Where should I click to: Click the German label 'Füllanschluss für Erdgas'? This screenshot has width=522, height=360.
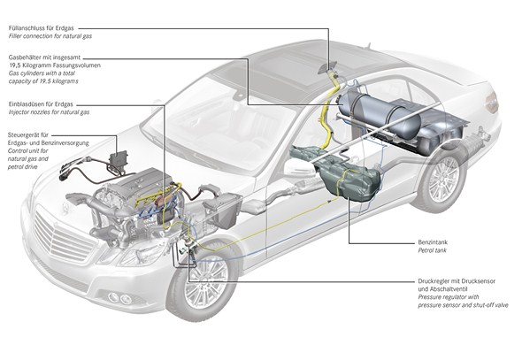click(x=42, y=28)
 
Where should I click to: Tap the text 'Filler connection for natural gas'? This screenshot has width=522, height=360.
click(x=50, y=36)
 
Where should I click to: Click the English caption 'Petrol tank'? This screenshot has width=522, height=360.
click(x=432, y=250)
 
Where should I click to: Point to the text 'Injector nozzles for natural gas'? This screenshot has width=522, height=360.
click(x=49, y=112)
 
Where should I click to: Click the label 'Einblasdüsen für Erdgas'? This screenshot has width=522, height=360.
click(x=41, y=104)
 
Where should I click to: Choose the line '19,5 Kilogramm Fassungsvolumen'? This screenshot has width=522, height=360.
click(x=55, y=65)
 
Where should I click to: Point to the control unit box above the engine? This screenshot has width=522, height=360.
click(x=119, y=160)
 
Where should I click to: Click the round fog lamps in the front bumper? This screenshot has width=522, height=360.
click(x=119, y=298)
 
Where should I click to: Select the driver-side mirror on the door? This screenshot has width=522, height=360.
click(x=298, y=167)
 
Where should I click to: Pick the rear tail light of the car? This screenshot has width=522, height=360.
click(x=492, y=102)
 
